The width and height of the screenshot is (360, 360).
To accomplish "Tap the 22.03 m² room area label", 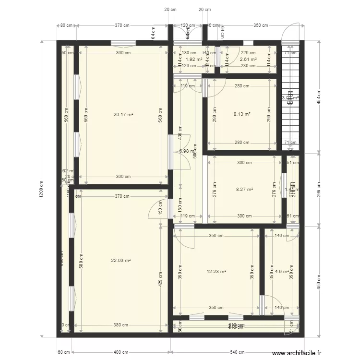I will click(x=121, y=261).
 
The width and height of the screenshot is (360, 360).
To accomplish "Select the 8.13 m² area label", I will click(x=242, y=114).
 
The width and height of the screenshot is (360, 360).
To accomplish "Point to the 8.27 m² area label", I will click(x=244, y=190).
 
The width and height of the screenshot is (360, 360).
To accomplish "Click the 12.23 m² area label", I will click(x=216, y=271).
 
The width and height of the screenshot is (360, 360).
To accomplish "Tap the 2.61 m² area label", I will click(x=248, y=59).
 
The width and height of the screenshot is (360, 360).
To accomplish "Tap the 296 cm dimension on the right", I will click(x=318, y=189).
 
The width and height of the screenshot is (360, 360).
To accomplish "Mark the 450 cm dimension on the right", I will click(x=318, y=280).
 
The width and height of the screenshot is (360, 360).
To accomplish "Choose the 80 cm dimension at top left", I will click(x=66, y=25).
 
